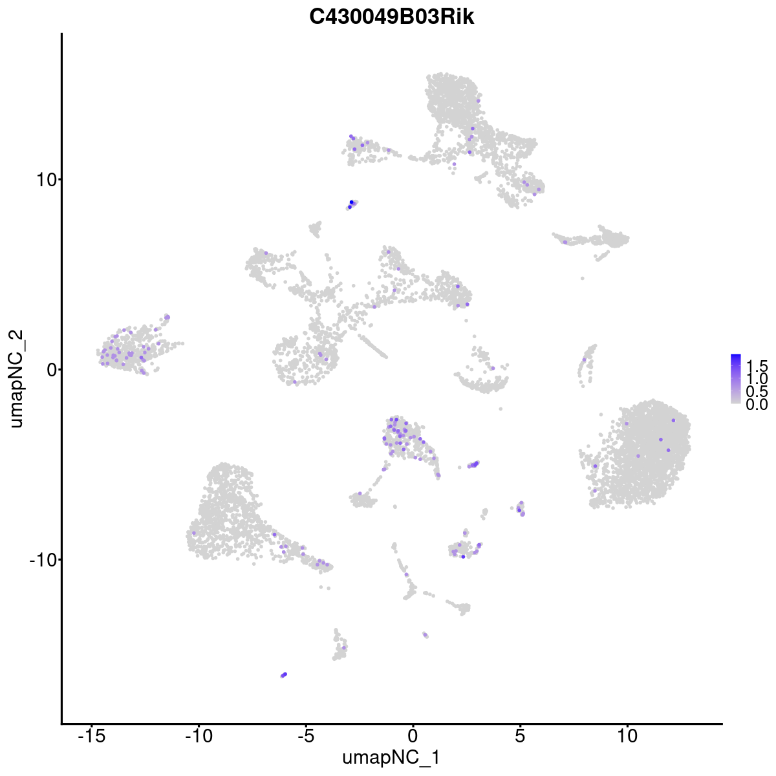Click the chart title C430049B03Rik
tap(392, 17)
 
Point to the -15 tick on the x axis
tap(92, 736)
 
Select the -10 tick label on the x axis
tap(199, 736)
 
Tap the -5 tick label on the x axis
tap(306, 736)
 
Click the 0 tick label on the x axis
tap(413, 736)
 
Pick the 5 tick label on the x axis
tap(520, 736)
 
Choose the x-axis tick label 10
tap(627, 736)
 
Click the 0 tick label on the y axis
tap(49, 369)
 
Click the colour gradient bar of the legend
tap(736, 379)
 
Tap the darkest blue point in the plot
tap(352, 202)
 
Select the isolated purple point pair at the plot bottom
tap(283, 674)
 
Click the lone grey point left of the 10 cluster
tap(500, 408)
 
